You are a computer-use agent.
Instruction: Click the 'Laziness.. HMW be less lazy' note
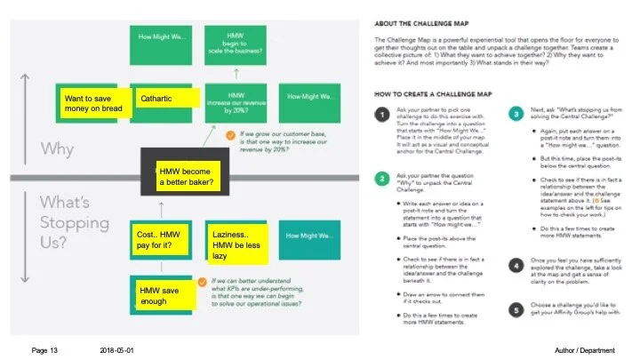coord(238,244)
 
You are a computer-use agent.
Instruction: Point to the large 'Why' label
coord(56,148)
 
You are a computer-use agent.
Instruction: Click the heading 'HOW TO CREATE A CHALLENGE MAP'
coord(447,92)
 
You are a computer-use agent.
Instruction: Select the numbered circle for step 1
coord(380,115)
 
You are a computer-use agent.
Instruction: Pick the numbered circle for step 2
coord(380,178)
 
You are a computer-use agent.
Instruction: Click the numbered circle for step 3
coord(516,115)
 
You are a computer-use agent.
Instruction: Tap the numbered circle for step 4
coord(516,264)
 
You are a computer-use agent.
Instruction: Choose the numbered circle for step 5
coord(516,310)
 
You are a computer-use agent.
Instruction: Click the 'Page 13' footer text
coord(44,351)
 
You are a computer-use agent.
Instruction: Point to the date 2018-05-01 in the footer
coord(117,351)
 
